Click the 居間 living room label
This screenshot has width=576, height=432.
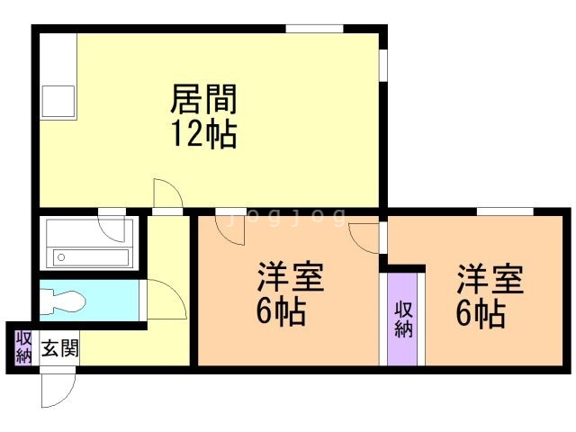[204, 98]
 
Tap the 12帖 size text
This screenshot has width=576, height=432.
[204, 134]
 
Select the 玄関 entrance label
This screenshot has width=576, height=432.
[60, 347]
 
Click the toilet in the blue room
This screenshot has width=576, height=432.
[62, 301]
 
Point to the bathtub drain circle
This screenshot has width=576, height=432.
[61, 257]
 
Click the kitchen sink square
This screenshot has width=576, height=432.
[58, 102]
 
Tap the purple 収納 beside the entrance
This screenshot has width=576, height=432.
[23, 347]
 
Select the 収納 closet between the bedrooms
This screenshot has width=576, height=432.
[403, 319]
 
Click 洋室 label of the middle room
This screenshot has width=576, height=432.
[290, 278]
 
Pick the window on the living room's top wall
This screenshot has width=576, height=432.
[314, 29]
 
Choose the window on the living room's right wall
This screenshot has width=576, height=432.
[383, 66]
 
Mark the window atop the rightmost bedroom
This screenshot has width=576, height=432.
[505, 211]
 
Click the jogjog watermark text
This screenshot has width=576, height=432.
[287, 217]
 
